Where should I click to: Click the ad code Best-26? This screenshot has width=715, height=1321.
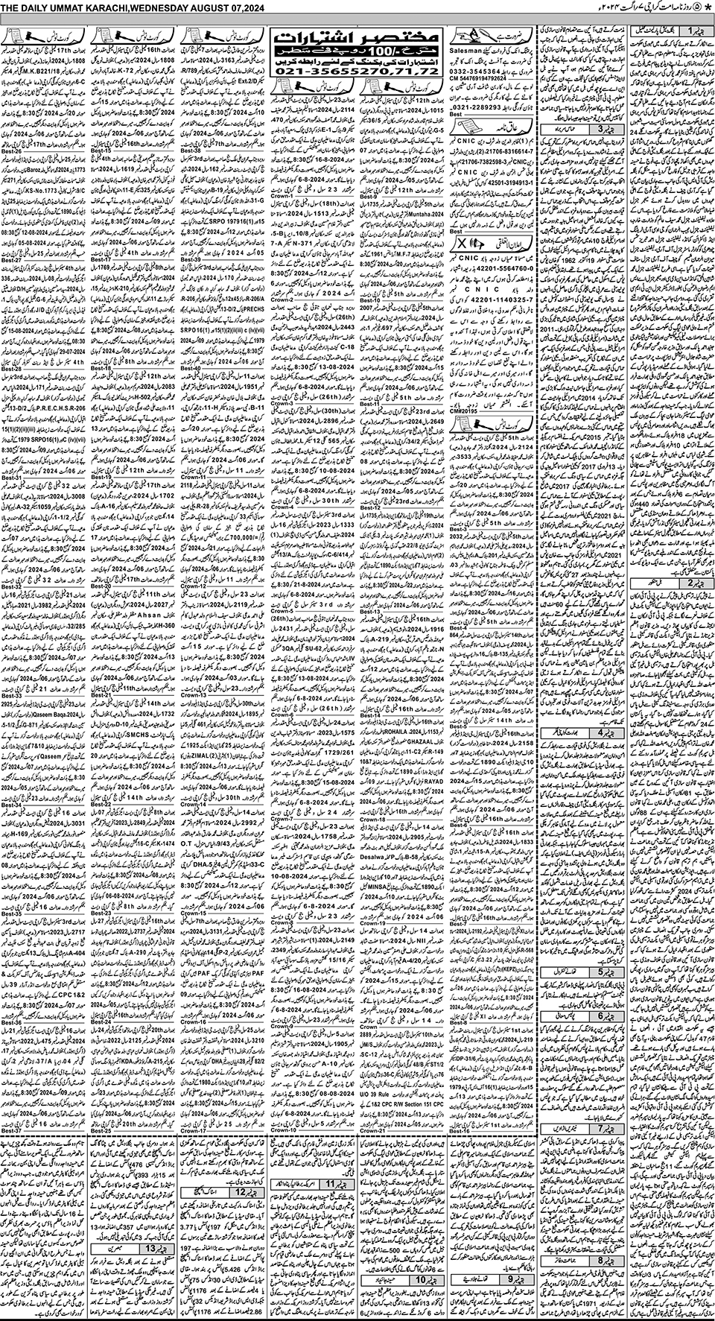click(13, 151)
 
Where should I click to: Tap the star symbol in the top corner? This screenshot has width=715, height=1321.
click(708, 7)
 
